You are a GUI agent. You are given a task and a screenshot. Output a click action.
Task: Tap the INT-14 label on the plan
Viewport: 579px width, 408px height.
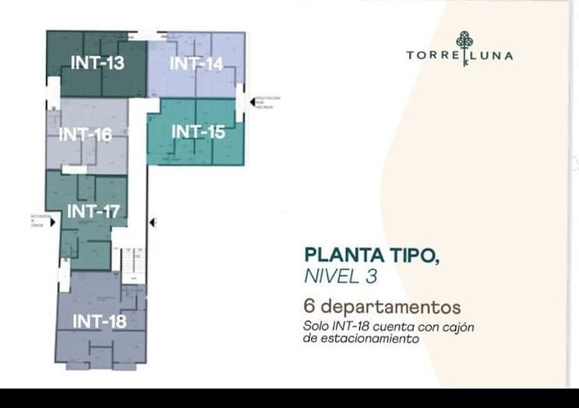pyautogui.click(x=196, y=64)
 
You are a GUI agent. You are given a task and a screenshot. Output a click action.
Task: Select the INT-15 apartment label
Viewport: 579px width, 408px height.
pyautogui.click(x=198, y=132)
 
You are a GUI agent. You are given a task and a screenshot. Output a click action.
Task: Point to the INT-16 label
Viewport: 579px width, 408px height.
pyautogui.click(x=85, y=135)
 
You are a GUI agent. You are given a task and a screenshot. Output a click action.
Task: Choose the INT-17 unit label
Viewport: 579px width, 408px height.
pyautogui.click(x=93, y=211)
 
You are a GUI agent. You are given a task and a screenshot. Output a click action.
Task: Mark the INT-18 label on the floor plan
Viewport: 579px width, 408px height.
pyautogui.click(x=99, y=321)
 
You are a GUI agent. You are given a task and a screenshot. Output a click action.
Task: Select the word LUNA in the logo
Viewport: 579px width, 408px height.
pyautogui.click(x=494, y=56)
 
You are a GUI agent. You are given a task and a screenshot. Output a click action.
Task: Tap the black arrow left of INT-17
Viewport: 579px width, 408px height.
pyautogui.click(x=52, y=223)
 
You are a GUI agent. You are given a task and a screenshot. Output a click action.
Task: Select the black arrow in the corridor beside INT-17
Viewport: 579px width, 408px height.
pyautogui.click(x=153, y=223)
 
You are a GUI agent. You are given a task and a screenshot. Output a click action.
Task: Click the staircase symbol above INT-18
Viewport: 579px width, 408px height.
pyautogui.click(x=131, y=265)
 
